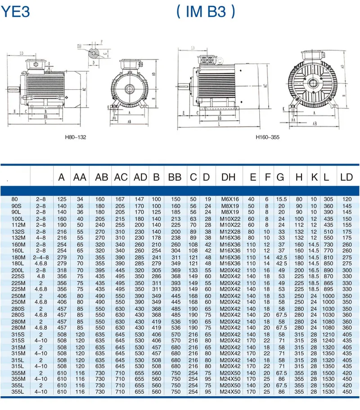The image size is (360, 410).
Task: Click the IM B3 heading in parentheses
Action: point(205,11)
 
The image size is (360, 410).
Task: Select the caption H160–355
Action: point(267,137)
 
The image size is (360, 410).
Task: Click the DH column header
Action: point(229,178)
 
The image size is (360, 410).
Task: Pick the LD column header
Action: point(346,178)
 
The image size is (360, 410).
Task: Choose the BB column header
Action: point(175,178)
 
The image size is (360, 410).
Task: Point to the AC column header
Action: point(121,178)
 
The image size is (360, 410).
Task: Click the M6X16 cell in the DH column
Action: point(229,199)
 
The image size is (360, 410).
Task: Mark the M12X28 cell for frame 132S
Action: point(229,231)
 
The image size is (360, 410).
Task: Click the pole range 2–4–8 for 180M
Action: point(41,256)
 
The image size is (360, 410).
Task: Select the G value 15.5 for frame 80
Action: point(281,199)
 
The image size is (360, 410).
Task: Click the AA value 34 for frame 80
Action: point(80,199)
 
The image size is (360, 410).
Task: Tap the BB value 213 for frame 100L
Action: point(175,219)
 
